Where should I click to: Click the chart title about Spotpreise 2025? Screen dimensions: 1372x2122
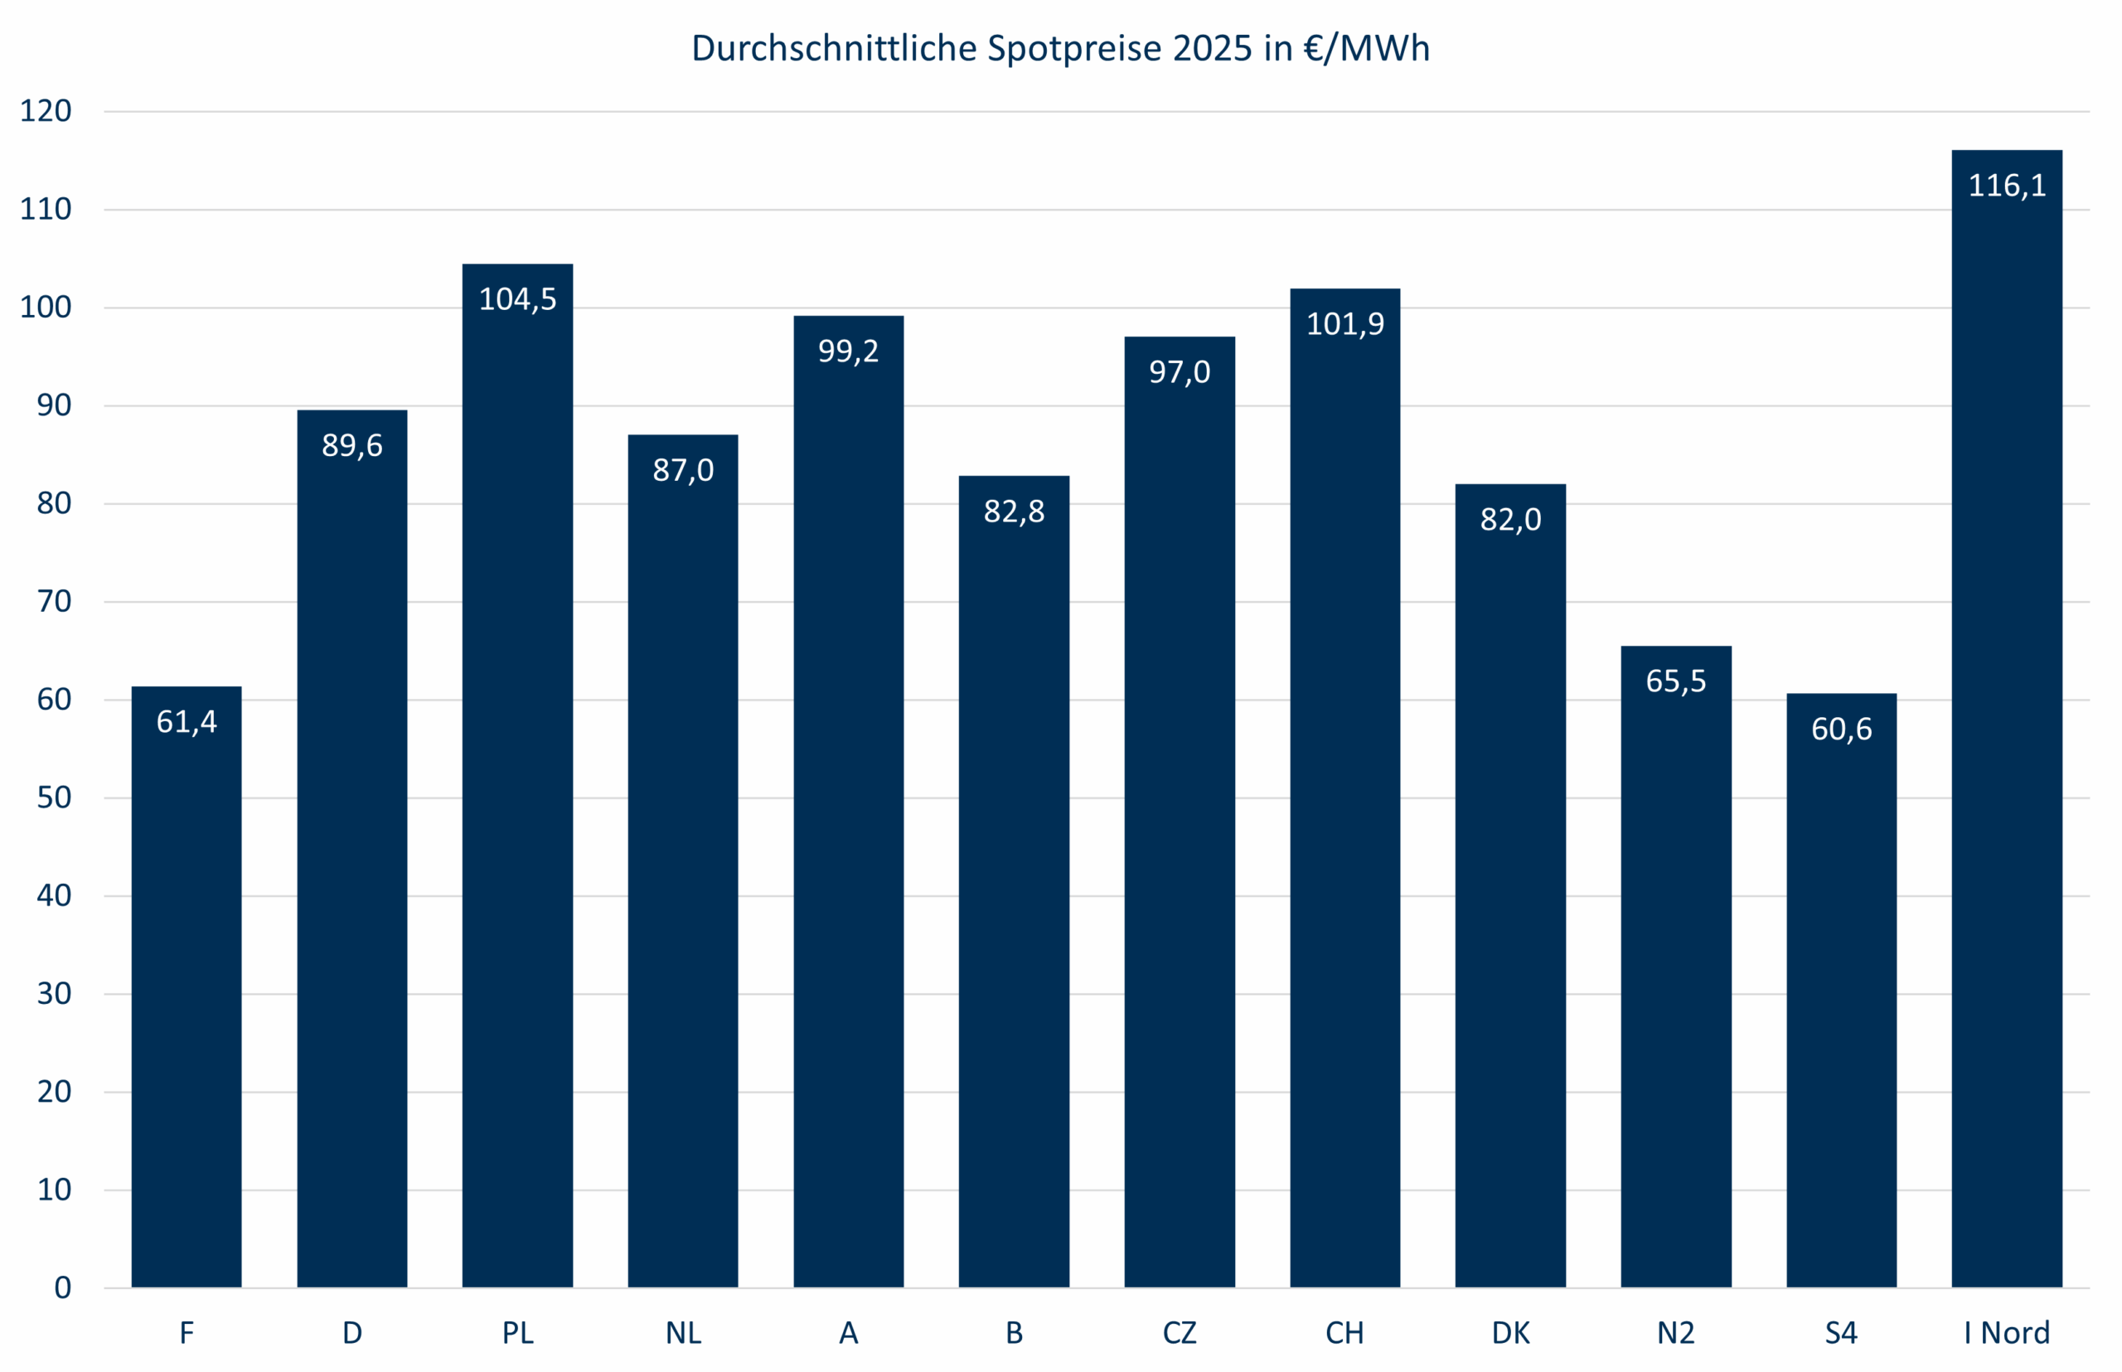(x=1060, y=48)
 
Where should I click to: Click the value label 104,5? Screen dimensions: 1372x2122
(x=517, y=299)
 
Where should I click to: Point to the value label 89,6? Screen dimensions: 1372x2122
(x=352, y=445)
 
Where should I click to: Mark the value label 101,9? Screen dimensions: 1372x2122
(x=1344, y=324)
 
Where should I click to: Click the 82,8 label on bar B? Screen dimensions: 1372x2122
(x=1014, y=511)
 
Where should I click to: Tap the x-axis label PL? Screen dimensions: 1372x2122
(x=517, y=1333)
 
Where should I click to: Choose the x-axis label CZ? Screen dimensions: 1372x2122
(x=1179, y=1333)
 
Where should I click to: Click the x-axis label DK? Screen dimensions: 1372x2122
(x=1510, y=1333)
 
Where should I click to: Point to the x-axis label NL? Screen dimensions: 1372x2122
(x=683, y=1333)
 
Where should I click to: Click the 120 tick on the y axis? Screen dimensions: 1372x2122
(x=46, y=111)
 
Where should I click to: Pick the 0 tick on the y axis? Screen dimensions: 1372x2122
(x=62, y=1287)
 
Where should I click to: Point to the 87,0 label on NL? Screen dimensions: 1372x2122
(x=683, y=470)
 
